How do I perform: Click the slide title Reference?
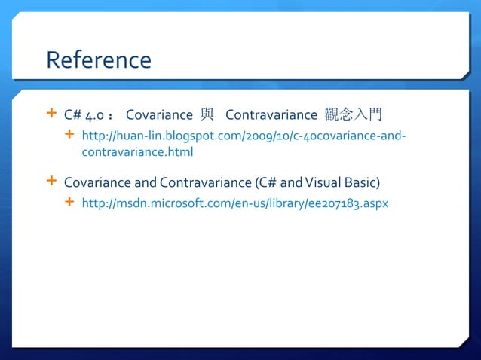click(98, 59)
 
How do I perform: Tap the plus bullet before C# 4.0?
click(51, 114)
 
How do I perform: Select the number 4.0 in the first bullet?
click(94, 115)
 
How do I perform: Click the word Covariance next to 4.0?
click(159, 115)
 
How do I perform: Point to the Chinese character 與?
click(207, 115)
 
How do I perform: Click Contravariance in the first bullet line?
click(271, 115)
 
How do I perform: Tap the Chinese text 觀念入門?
click(354, 115)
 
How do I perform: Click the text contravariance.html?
click(137, 152)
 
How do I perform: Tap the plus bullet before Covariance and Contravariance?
click(51, 181)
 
